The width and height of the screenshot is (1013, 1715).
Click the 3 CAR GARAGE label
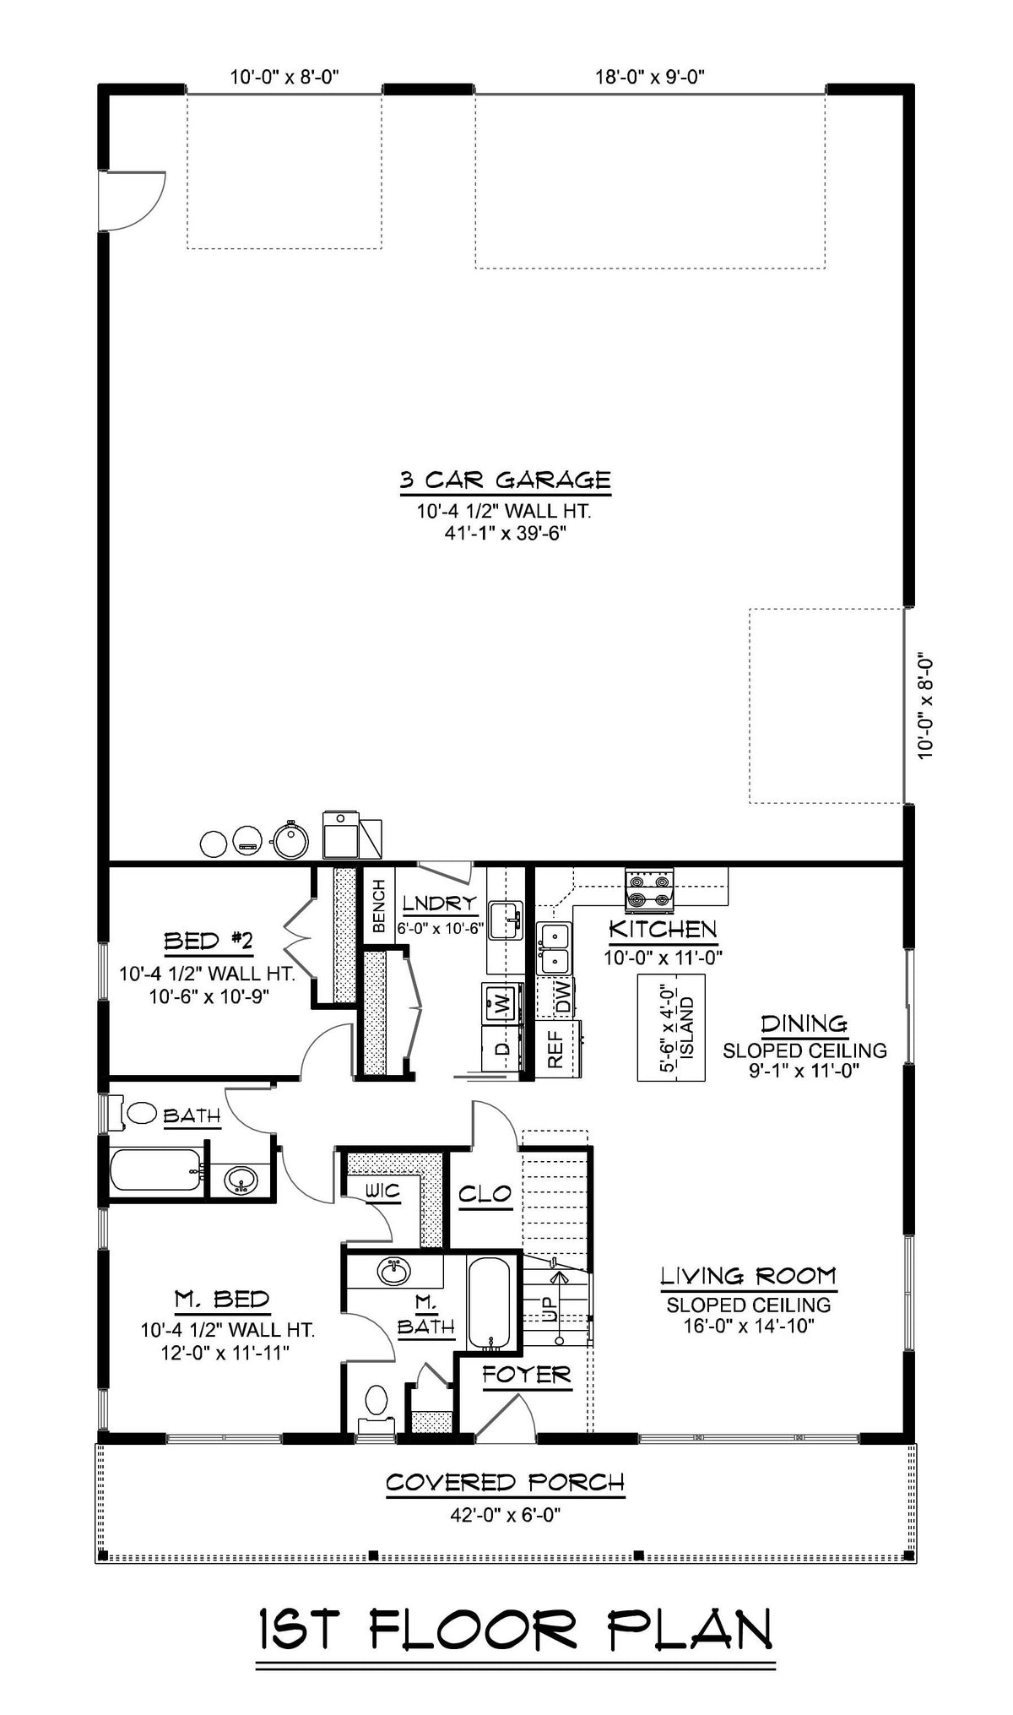click(505, 480)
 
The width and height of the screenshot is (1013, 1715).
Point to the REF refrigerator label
click(555, 1050)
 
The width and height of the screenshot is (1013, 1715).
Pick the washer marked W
click(501, 1003)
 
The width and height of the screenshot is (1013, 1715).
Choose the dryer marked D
click(501, 1049)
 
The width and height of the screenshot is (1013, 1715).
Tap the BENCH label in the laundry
click(379, 906)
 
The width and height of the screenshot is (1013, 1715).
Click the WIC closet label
click(382, 1191)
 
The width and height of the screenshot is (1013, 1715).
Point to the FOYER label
click(527, 1376)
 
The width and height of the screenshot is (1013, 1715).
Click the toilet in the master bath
click(376, 1402)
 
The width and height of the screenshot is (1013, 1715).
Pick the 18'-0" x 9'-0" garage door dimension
click(649, 77)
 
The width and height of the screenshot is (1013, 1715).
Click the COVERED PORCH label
click(505, 1482)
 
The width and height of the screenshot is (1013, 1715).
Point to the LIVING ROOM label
click(748, 1299)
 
